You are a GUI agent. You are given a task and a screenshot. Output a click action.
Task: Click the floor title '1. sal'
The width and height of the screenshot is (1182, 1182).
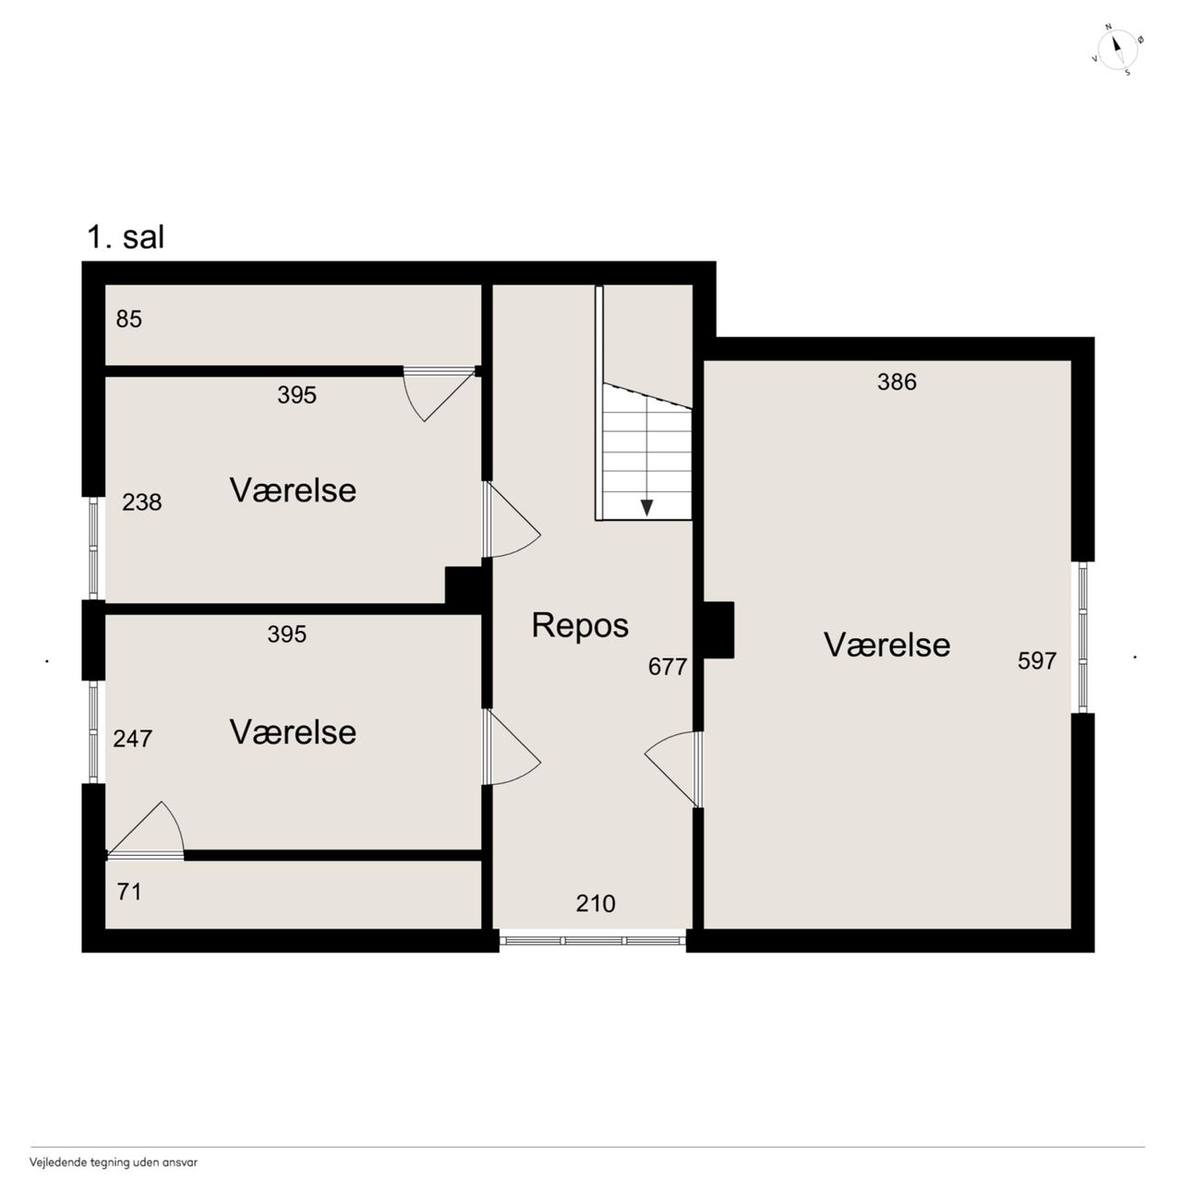click(126, 237)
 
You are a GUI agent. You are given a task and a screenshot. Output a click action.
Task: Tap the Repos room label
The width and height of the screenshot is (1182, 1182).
click(580, 626)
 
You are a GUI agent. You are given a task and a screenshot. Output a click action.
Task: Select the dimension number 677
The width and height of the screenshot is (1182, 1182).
click(668, 667)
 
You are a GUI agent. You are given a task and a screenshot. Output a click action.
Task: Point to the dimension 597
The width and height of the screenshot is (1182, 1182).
click(1037, 660)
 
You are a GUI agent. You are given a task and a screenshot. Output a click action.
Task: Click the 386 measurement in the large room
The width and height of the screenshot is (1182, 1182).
click(897, 382)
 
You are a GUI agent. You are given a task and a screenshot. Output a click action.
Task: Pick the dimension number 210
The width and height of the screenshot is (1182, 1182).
click(596, 903)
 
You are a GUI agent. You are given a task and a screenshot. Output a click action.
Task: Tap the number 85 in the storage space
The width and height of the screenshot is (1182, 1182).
click(128, 319)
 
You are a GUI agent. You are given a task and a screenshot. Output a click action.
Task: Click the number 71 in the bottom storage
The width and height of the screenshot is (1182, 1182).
click(128, 892)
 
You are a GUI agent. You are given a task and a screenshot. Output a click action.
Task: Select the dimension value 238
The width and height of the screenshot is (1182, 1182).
click(141, 502)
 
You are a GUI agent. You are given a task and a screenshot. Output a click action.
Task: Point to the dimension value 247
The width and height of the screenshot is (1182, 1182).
click(132, 739)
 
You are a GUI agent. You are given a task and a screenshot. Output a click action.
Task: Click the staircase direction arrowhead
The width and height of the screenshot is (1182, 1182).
click(646, 507)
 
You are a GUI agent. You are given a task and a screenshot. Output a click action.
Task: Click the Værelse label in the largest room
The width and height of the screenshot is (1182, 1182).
click(886, 645)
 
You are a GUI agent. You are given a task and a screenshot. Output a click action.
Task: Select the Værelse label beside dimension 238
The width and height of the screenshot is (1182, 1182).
click(294, 490)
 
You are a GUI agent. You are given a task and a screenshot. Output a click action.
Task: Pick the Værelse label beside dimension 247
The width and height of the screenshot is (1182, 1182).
click(294, 732)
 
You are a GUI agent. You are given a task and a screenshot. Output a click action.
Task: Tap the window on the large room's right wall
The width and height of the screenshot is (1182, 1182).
click(1082, 637)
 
